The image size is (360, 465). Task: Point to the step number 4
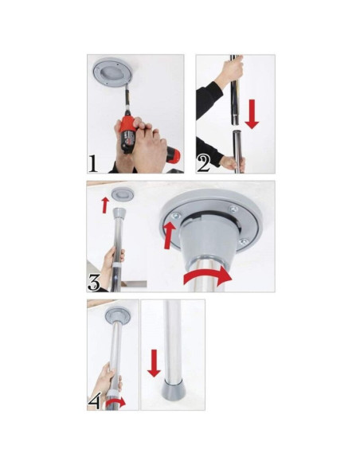95,401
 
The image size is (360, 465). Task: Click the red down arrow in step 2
252,114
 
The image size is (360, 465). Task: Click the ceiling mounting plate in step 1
113,72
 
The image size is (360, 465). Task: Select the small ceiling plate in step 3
122,194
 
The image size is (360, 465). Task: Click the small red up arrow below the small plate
104,205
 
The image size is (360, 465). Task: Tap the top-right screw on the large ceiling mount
233,209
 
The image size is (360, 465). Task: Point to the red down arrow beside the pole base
154,363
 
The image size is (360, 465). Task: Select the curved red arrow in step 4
115,403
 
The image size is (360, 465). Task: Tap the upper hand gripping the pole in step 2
231,71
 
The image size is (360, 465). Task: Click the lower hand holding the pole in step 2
233,162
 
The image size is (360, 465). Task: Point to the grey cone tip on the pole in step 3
119,213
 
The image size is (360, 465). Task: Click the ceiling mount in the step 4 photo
118,316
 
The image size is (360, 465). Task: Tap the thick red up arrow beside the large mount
169,236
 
